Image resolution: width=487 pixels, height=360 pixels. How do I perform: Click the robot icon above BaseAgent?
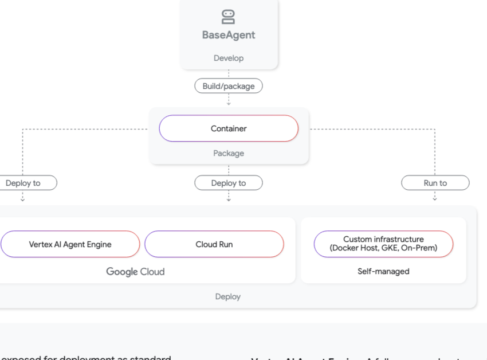228,17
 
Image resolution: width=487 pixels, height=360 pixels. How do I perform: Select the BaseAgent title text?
229,35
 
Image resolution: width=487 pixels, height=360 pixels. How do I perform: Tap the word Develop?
229,58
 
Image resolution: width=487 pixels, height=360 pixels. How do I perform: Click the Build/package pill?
229,86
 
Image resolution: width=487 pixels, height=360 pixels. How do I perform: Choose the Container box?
229,128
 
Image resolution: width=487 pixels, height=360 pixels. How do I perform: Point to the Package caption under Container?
229,153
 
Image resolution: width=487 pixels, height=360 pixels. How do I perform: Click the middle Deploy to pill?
229,183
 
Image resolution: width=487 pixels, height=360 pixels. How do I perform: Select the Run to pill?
435,183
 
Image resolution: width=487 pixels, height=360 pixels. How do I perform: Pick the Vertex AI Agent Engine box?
70,244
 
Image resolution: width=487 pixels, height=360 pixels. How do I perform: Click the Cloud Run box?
214,244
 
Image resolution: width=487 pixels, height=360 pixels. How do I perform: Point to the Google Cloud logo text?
135,272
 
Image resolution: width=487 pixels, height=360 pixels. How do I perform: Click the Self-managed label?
383,271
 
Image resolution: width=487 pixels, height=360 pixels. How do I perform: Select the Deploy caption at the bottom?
227,296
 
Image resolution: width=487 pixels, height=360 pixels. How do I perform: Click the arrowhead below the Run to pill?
435,199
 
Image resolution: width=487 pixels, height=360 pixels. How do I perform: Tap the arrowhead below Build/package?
229,103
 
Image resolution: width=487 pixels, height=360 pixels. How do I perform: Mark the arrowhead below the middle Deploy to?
229,199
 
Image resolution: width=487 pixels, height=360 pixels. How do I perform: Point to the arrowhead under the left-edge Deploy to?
22,199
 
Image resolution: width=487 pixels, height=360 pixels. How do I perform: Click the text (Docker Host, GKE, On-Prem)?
383,248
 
